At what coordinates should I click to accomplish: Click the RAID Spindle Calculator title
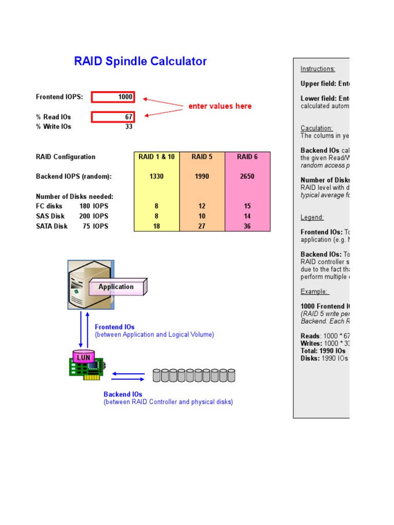tap(141, 62)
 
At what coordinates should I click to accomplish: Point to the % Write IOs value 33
tap(129, 127)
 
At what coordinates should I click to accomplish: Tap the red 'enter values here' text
tap(220, 106)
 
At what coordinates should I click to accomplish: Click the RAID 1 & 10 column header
tap(156, 157)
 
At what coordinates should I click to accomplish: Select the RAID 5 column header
tap(202, 157)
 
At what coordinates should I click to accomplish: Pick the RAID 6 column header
tap(247, 157)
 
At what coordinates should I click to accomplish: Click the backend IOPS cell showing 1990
tap(202, 176)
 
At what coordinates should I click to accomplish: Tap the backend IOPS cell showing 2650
tap(247, 176)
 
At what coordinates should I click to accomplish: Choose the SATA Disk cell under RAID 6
tap(247, 226)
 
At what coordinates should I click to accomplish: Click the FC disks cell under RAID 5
tap(202, 206)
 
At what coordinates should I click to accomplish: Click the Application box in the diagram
tap(116, 287)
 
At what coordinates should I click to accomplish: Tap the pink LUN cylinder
tap(84, 357)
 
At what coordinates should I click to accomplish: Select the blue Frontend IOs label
tap(115, 327)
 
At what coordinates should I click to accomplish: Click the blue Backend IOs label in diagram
tap(123, 394)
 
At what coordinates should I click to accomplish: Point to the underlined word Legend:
tap(312, 217)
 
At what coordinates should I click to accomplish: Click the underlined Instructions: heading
tap(318, 69)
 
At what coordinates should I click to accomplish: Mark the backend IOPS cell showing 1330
tap(156, 176)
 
